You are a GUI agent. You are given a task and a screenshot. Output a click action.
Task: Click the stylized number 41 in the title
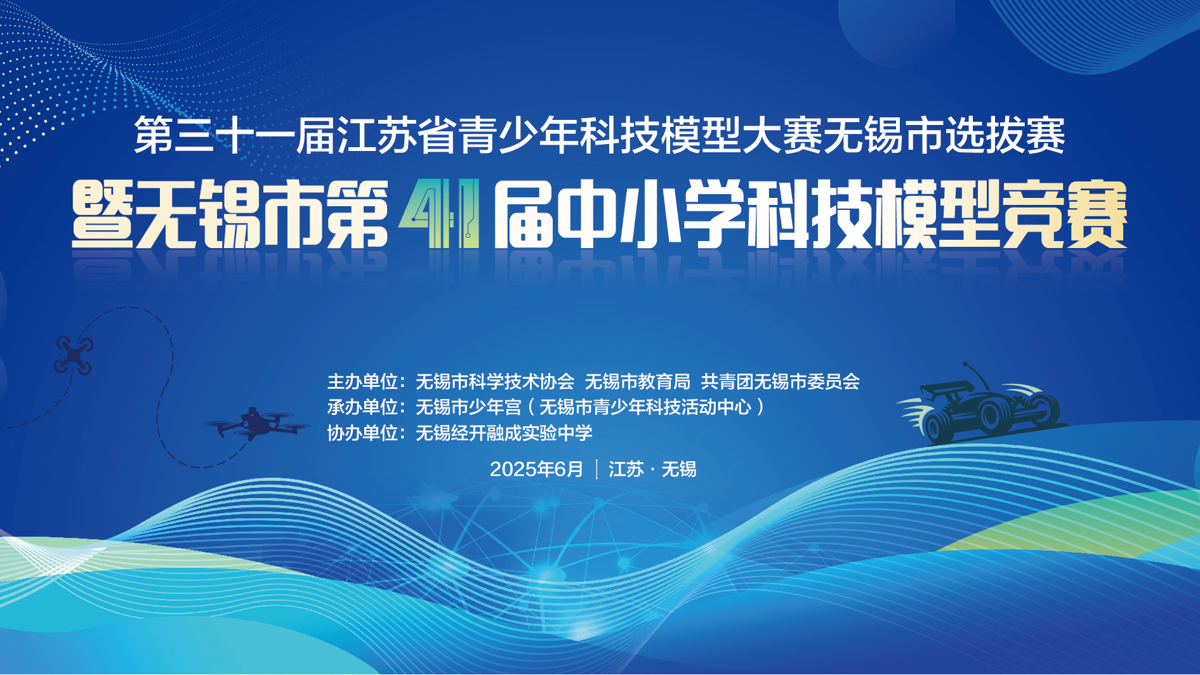click(x=439, y=214)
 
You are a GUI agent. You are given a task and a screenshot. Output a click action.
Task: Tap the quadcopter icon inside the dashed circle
click(x=74, y=355)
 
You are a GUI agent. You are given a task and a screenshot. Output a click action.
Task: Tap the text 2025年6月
click(x=536, y=469)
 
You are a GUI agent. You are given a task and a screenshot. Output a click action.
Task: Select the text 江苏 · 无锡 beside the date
click(x=652, y=469)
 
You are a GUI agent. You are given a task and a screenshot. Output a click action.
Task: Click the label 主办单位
click(x=362, y=382)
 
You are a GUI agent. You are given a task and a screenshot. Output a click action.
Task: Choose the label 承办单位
click(x=362, y=407)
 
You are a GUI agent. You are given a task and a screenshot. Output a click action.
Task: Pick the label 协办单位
click(x=362, y=433)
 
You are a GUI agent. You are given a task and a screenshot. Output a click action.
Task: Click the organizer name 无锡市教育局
click(x=637, y=382)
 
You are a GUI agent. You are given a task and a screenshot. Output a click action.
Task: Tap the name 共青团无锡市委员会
click(x=781, y=382)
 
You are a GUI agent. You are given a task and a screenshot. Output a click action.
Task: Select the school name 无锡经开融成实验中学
click(x=504, y=433)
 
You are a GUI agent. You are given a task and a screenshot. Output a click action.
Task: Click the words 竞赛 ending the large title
click(x=1064, y=214)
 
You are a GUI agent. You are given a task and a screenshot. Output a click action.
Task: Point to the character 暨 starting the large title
click(x=103, y=214)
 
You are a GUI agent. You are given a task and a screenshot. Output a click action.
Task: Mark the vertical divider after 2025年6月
click(x=597, y=469)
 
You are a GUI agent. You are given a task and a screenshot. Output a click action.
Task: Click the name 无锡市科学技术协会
click(x=495, y=382)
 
